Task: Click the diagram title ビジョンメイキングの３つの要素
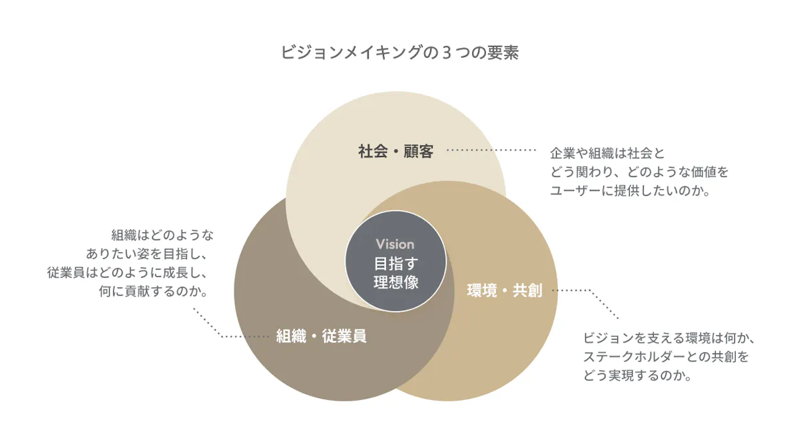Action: click(x=399, y=53)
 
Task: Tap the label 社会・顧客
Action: click(x=396, y=152)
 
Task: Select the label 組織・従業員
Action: click(x=322, y=336)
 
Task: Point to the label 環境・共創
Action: click(x=504, y=291)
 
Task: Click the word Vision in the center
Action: click(x=395, y=244)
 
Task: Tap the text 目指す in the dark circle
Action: click(x=396, y=263)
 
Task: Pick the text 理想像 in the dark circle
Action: click(x=396, y=282)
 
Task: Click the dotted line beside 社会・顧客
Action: click(x=490, y=151)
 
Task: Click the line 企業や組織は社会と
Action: click(x=607, y=152)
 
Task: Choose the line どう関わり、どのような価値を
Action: click(x=639, y=172)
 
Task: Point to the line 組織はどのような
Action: click(x=162, y=234)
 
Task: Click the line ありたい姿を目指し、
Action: click(x=150, y=253)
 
